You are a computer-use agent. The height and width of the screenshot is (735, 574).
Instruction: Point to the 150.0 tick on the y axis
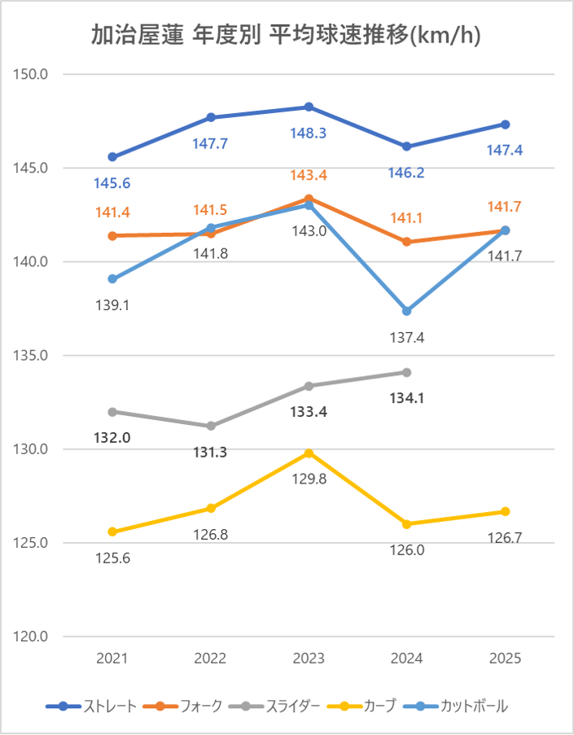click(33, 74)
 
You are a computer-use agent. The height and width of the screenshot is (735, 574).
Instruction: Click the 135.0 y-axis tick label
click(33, 356)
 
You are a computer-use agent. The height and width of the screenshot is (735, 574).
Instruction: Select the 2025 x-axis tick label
click(506, 658)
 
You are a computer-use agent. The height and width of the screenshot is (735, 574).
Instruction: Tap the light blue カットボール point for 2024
click(407, 311)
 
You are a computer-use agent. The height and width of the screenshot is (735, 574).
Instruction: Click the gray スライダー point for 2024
click(407, 372)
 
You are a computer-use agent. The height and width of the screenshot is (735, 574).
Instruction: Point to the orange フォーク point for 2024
click(407, 242)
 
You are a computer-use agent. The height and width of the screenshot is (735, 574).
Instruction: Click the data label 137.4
click(407, 337)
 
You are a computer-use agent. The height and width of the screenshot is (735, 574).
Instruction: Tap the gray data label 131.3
click(211, 452)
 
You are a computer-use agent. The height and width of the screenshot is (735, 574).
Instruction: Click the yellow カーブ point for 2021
click(112, 532)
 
